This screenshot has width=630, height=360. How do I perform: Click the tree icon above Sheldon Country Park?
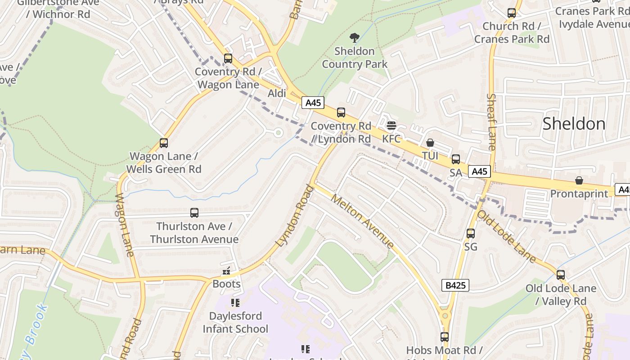click(x=355, y=37)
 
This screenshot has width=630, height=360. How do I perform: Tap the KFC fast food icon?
click(x=391, y=125)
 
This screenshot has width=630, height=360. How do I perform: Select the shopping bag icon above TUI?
click(x=430, y=143)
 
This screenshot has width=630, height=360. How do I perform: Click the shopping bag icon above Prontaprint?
click(x=579, y=180)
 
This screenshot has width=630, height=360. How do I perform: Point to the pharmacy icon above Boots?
click(x=227, y=271)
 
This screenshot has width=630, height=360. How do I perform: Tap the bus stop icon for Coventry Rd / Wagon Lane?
click(x=228, y=58)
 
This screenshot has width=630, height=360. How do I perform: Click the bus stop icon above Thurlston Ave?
click(x=194, y=213)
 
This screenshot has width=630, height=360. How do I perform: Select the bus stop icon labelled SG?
click(x=471, y=234)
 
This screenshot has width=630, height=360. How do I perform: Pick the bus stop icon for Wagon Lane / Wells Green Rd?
click(x=164, y=143)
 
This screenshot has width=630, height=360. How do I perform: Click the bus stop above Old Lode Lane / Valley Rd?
click(x=561, y=274)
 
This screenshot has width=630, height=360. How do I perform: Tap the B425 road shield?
click(x=455, y=285)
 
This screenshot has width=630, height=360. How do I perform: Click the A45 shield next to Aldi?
click(x=313, y=103)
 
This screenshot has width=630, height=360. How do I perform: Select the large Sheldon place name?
click(x=574, y=124)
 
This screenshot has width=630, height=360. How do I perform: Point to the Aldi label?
click(x=277, y=94)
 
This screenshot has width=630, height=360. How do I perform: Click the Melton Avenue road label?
click(x=363, y=220)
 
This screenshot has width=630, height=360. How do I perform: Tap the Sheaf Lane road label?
click(x=491, y=121)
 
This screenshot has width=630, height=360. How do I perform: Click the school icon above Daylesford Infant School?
click(x=235, y=302)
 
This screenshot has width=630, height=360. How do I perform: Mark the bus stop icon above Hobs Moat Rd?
click(x=445, y=337)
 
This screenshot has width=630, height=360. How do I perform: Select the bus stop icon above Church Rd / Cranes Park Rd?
click(x=512, y=13)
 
